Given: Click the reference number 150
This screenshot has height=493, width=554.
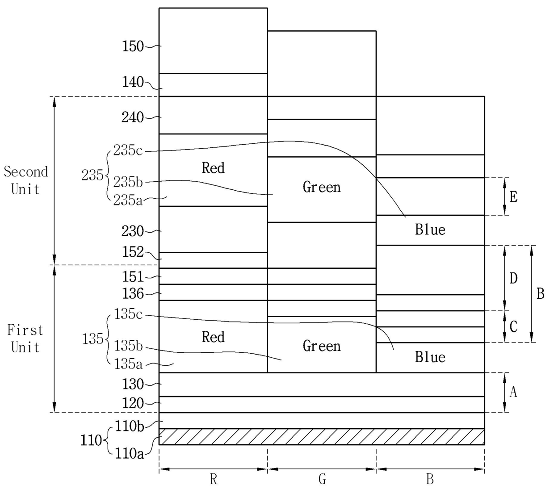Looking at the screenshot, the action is pyautogui.click(x=133, y=46).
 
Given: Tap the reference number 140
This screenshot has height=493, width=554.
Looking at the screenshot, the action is pyautogui.click(x=133, y=82).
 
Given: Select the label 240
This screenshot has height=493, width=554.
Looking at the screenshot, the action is pyautogui.click(x=133, y=117).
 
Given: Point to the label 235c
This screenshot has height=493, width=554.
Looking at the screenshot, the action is pyautogui.click(x=128, y=150).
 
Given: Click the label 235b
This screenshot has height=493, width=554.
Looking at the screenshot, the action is pyautogui.click(x=128, y=182).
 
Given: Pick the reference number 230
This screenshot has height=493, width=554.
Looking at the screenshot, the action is pyautogui.click(x=133, y=231).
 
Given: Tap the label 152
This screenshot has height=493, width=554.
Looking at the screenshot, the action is pyautogui.click(x=133, y=252).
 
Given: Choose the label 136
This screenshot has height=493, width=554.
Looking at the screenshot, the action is pyautogui.click(x=133, y=294).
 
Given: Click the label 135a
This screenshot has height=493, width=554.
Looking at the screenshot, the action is pyautogui.click(x=128, y=364).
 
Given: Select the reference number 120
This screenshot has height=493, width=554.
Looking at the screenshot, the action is pyautogui.click(x=133, y=404).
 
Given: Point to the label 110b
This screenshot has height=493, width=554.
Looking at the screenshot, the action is pyautogui.click(x=130, y=426).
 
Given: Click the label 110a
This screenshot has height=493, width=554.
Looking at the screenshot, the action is pyautogui.click(x=130, y=454).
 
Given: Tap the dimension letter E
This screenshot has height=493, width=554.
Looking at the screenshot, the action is pyautogui.click(x=513, y=197).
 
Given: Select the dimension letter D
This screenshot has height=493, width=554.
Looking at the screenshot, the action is pyautogui.click(x=513, y=279).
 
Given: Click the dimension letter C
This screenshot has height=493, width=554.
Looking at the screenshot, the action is pyautogui.click(x=513, y=327).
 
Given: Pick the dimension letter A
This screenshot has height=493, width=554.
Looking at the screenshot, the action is pyautogui.click(x=513, y=392).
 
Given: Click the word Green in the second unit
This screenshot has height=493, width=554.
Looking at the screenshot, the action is pyautogui.click(x=322, y=187).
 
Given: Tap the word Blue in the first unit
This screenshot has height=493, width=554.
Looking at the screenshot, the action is pyautogui.click(x=430, y=357).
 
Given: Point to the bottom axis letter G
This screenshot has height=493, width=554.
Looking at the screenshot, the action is pyautogui.click(x=322, y=480).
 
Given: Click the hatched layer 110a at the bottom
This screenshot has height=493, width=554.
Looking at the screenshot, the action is pyautogui.click(x=322, y=437).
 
